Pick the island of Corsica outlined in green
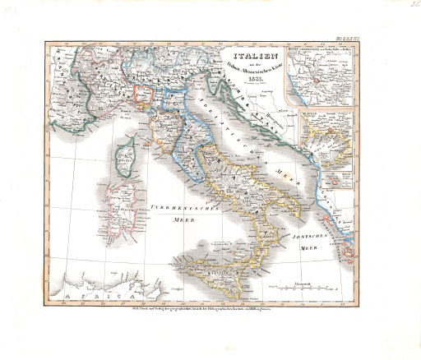point(127,155)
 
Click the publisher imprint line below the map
point(210,307)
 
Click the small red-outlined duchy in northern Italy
point(143,94)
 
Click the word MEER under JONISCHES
point(313,246)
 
